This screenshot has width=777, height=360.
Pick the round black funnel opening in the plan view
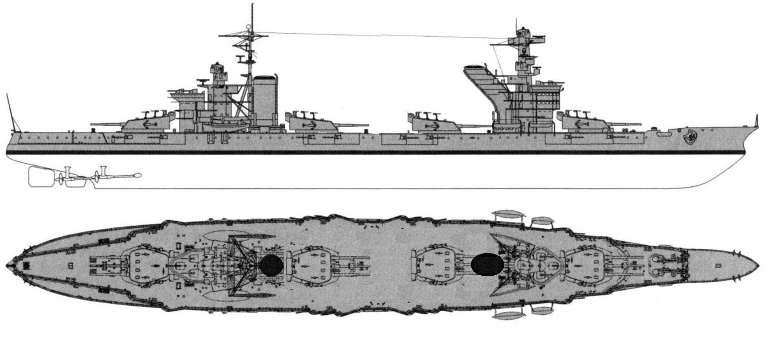(x=271, y=265)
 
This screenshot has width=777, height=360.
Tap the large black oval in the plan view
(x=487, y=265)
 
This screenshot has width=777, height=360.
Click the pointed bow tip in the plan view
(x=758, y=266)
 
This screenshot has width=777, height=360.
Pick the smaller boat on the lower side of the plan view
(x=541, y=310)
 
